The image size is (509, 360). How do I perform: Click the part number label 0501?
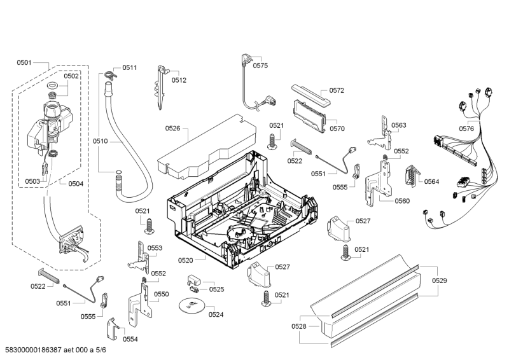click(x=24, y=62)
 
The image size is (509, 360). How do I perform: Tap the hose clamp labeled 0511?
click(x=110, y=76)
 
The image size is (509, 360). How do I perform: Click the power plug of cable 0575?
click(x=245, y=60)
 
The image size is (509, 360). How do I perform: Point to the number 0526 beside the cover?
click(x=173, y=128)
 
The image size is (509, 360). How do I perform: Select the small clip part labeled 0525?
click(x=195, y=280)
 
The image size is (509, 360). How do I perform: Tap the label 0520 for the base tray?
click(x=186, y=260)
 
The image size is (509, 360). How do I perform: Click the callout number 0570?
click(x=337, y=128)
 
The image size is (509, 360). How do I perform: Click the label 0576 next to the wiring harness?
click(x=466, y=128)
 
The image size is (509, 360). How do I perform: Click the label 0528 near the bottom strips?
click(x=299, y=326)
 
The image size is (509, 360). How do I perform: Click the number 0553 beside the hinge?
click(x=155, y=248)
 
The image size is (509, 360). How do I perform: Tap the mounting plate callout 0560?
click(x=401, y=201)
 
